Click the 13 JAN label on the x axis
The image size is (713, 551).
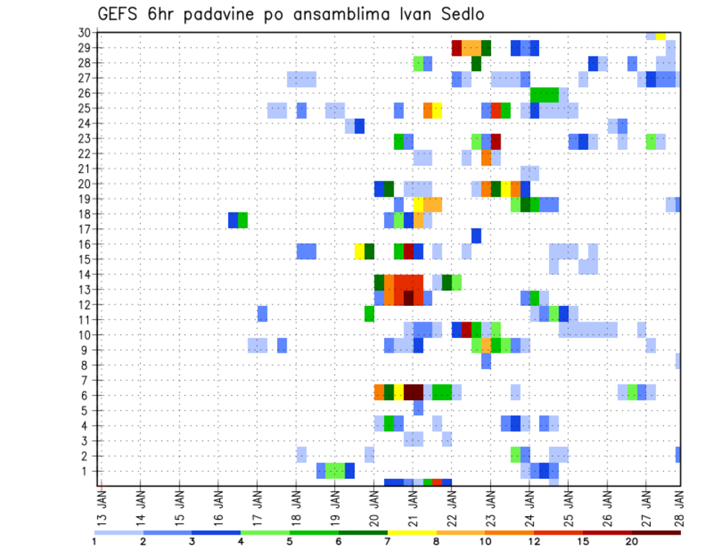[x=102, y=502]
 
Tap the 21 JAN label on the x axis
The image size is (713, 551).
[x=413, y=502]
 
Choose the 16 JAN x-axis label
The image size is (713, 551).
[x=219, y=502]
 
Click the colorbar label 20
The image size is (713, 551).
[x=633, y=541]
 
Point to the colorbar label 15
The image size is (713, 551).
[x=584, y=541]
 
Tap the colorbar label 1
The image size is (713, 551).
[x=95, y=541]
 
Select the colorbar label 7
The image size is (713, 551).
[x=388, y=541]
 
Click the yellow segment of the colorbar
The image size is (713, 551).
[x=411, y=532]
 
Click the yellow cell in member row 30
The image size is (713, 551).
[x=660, y=35]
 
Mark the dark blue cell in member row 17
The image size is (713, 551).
[x=476, y=235]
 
